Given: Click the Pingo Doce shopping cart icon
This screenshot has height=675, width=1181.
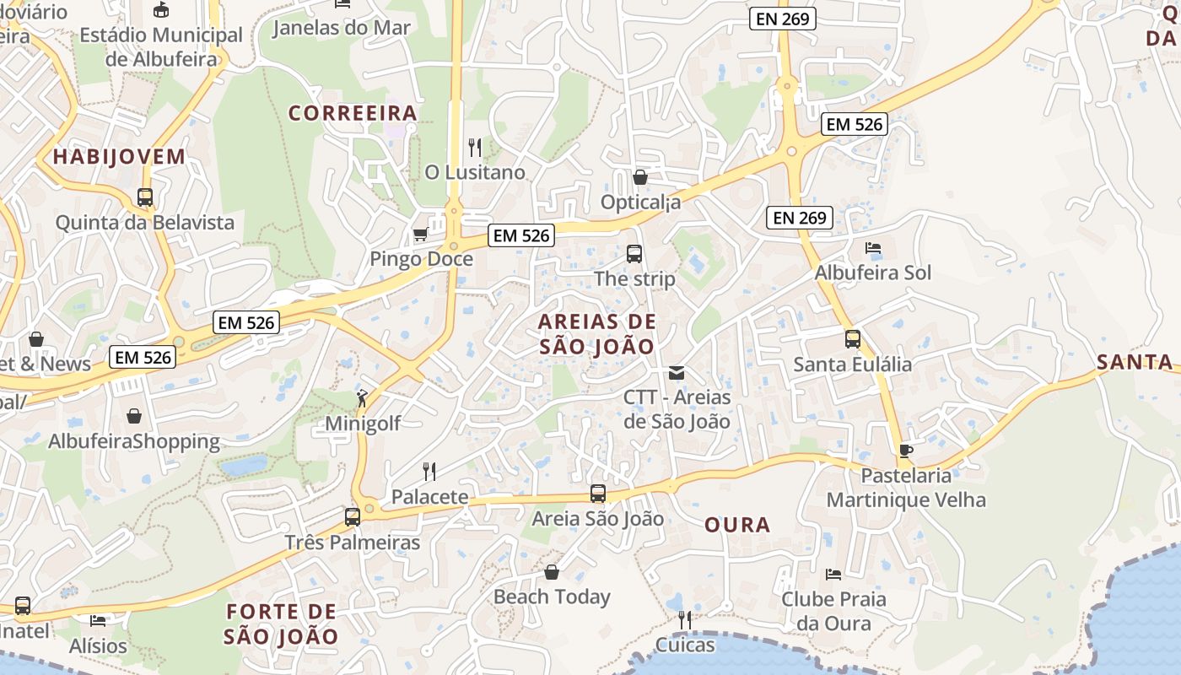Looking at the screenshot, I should (x=420, y=234).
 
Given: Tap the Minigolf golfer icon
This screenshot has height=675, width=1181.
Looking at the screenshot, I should (x=362, y=398).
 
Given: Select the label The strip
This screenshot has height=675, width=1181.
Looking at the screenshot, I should (x=634, y=278).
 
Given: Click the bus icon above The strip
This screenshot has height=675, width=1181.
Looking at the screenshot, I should (x=634, y=253).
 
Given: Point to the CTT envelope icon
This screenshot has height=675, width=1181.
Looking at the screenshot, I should (x=676, y=372).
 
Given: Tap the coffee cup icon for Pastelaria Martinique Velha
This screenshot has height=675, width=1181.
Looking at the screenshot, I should (x=906, y=451).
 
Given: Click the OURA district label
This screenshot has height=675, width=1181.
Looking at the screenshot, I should (x=737, y=525).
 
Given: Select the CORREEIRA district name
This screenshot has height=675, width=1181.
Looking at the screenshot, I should (x=353, y=113).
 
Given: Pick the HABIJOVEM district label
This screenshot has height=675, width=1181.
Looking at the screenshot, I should (x=119, y=156).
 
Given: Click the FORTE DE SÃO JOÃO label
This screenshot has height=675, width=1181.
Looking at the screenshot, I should (x=282, y=624).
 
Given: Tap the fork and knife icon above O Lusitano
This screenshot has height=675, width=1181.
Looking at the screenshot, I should (x=475, y=148).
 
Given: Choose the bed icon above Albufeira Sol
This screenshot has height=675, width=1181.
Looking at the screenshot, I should (x=873, y=248).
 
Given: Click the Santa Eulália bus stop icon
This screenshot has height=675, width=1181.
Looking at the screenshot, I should (x=853, y=339).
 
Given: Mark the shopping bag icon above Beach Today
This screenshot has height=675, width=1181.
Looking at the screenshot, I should (x=552, y=572).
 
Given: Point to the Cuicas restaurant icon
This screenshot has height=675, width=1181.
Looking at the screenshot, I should (x=685, y=620).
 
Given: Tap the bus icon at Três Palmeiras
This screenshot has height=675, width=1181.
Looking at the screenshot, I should (x=353, y=516).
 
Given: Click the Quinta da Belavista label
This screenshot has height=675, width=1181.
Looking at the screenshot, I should (x=145, y=223).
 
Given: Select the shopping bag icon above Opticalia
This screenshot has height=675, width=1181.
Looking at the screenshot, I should (x=640, y=177).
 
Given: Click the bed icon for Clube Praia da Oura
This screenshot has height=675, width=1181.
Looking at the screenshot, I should (x=833, y=575).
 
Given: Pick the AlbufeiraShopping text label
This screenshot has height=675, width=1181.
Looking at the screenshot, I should (x=134, y=441).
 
